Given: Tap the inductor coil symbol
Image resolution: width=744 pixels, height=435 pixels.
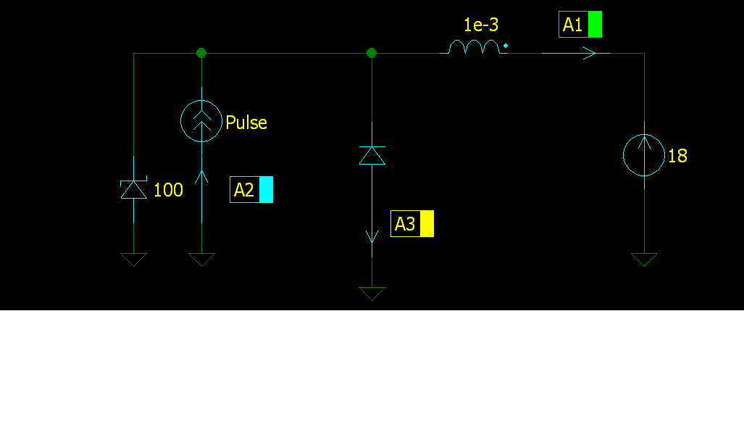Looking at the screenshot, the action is tap(474, 47).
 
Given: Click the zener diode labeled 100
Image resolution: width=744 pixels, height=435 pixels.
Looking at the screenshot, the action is tap(134, 189).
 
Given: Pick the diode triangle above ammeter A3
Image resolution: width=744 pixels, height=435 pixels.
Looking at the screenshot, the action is tap(372, 155).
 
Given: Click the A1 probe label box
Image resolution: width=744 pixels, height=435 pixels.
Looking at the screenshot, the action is tap(580, 24).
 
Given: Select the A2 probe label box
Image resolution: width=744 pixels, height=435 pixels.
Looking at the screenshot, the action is tap(251, 189).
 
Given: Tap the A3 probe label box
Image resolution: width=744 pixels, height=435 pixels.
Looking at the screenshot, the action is tap(412, 224).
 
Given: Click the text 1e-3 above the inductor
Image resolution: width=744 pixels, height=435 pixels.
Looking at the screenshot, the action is tap(480, 25).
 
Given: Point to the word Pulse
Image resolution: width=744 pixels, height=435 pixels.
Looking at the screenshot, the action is tap(246, 123).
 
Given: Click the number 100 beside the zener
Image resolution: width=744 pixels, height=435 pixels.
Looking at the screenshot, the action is tap(169, 190).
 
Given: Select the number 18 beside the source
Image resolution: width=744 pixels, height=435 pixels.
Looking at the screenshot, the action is tap(677, 156).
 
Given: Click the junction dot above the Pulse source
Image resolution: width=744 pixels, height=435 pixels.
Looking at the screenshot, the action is tap(201, 53).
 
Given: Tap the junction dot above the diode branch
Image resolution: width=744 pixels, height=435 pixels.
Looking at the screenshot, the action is tap(372, 53).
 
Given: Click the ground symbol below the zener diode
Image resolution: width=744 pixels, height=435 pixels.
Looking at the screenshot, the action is tap(134, 260).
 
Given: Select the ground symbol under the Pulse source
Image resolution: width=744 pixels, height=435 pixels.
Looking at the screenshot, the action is tap(201, 260).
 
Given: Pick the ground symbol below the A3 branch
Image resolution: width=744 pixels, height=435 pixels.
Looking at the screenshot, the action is tap(372, 294).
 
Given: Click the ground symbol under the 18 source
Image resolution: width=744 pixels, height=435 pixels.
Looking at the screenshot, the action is tap(644, 260).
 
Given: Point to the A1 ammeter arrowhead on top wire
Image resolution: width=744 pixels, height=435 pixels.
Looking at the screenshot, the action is tap(589, 53).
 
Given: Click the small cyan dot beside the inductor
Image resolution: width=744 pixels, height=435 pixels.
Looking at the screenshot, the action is tap(506, 46).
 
